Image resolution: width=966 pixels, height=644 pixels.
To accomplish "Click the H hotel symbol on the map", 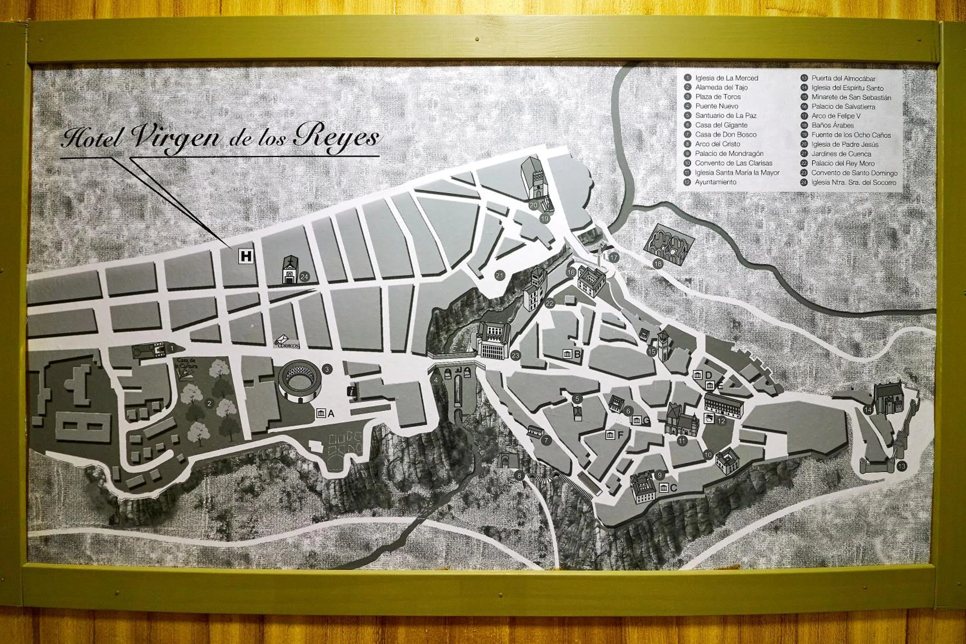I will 246,256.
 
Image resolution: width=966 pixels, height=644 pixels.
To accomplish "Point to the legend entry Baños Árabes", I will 832,125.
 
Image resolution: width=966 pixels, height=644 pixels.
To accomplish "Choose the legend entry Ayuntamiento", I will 715,182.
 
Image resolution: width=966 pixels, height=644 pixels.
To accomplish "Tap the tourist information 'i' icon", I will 352,391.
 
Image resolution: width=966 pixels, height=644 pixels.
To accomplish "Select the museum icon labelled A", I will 321,413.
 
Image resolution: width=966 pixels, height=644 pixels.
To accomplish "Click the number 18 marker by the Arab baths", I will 658,264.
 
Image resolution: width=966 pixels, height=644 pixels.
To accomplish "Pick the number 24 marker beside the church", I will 304,277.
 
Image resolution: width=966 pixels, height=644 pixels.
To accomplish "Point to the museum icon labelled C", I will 663,488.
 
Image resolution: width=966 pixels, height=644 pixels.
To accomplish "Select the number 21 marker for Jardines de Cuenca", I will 499,276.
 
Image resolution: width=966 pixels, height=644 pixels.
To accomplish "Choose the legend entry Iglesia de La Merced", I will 726,78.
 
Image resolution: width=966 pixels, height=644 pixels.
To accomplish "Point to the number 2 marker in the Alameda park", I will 209,403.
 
